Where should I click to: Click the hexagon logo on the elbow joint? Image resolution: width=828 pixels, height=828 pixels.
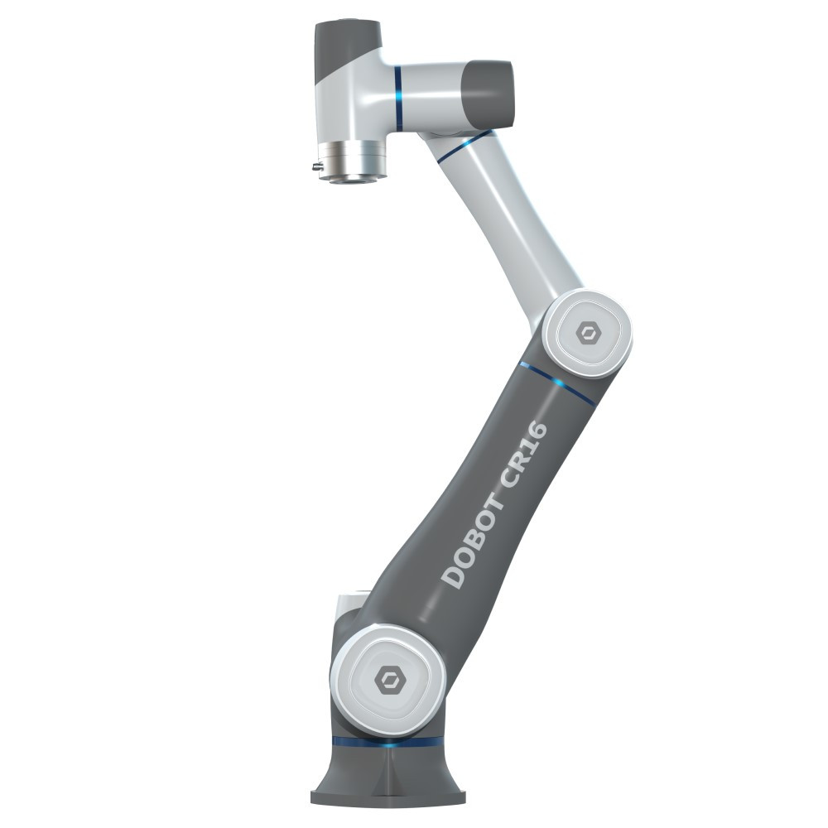point(587,333)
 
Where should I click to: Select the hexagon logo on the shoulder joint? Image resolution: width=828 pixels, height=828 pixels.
point(389,679)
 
